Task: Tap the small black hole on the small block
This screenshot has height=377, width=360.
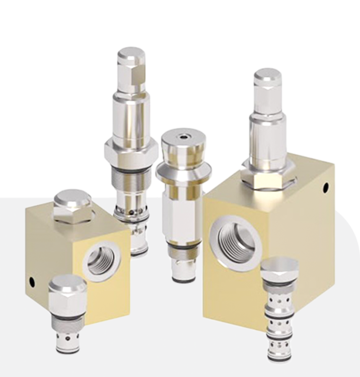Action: [32, 281]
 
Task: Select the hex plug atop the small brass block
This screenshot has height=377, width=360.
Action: [72, 207]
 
